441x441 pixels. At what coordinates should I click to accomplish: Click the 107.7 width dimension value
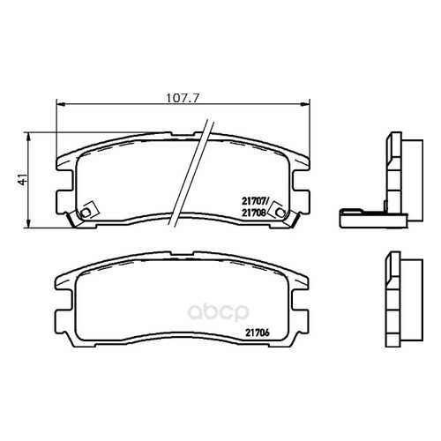183,98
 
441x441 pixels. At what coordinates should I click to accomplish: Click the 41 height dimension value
23,179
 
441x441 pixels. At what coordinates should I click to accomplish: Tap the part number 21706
258,333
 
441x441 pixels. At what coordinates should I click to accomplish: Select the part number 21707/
255,202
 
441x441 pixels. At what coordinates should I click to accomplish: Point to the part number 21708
254,213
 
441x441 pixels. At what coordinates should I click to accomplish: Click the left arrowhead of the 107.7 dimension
60,104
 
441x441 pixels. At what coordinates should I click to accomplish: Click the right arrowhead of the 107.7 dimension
306,104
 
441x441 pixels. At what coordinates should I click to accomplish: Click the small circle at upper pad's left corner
86,213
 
